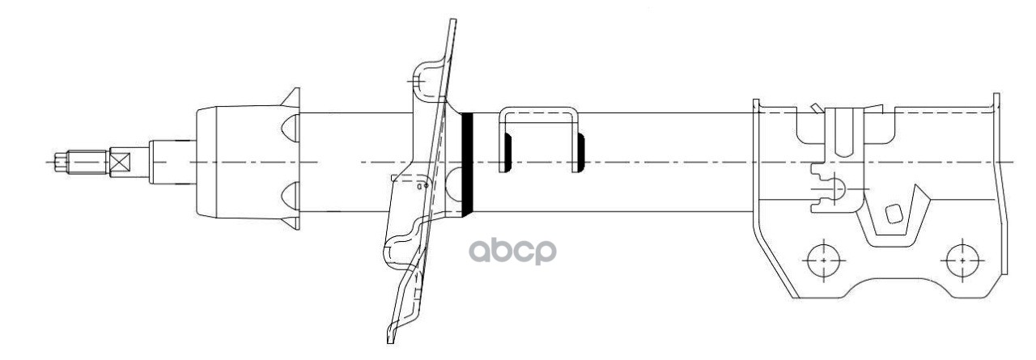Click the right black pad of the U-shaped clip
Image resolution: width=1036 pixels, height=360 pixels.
point(580,153)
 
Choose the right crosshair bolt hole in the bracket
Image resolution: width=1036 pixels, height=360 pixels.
point(962,261)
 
